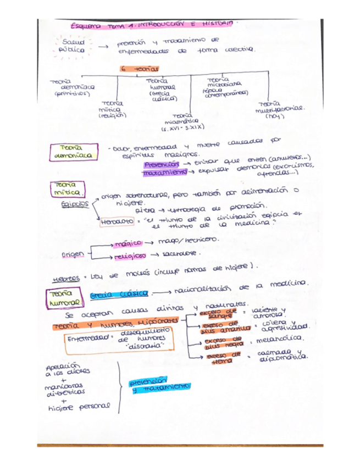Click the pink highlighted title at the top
153,25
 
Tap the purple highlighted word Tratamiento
162,173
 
